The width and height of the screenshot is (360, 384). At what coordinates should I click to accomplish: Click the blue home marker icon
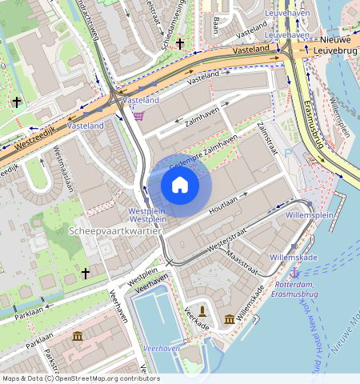(x=180, y=186)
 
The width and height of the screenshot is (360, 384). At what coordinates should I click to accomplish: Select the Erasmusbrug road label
(x=313, y=126)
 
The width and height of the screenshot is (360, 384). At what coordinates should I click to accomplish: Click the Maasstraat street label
(x=242, y=258)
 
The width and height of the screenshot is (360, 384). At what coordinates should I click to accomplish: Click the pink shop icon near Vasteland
(x=139, y=116)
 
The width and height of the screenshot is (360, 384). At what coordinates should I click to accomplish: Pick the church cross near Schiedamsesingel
(x=180, y=43)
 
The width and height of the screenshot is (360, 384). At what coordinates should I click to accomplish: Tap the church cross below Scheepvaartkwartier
(x=86, y=273)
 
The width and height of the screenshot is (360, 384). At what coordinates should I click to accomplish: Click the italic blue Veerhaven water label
(x=160, y=350)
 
